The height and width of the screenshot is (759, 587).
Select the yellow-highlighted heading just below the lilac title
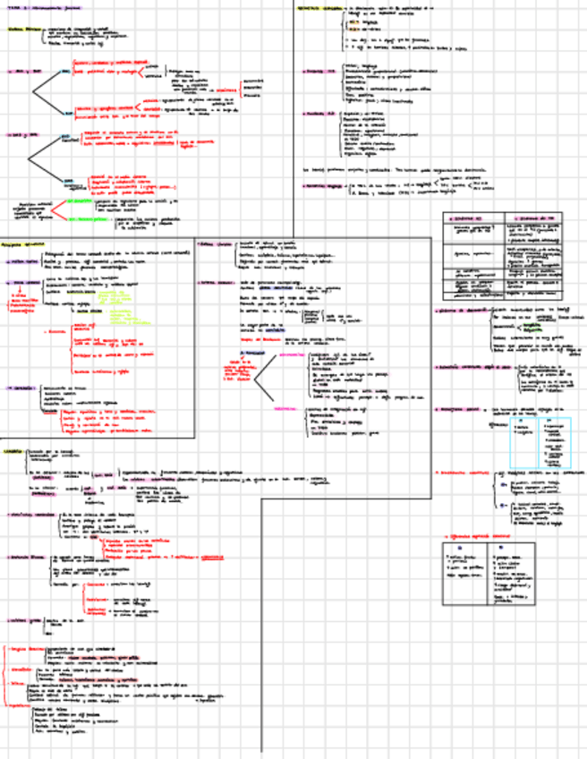tap(23, 30)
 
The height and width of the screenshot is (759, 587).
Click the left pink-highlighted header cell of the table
tap(472, 217)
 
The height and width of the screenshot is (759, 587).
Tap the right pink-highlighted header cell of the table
tap(533, 217)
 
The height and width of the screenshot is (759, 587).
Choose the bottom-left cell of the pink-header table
tap(473, 293)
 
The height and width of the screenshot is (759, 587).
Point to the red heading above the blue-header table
tap(480, 535)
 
